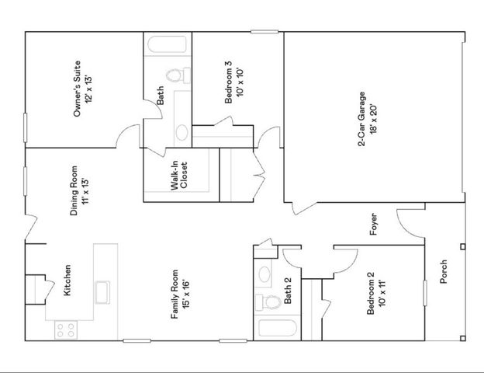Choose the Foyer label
[373, 225]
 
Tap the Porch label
[444, 271]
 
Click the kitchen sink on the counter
[101, 294]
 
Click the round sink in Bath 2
[264, 274]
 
